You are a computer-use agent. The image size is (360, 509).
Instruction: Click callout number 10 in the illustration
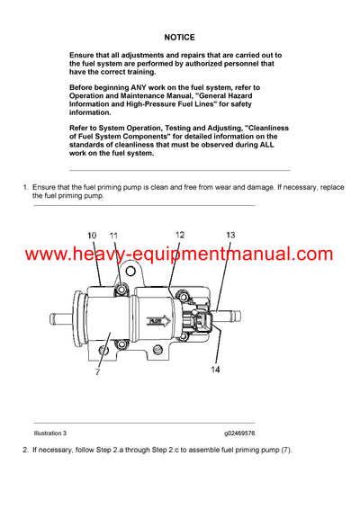click(93, 236)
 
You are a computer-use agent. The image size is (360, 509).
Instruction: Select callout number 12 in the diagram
click(180, 235)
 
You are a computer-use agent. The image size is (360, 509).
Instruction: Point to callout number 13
click(230, 235)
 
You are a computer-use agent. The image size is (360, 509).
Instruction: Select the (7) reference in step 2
click(284, 449)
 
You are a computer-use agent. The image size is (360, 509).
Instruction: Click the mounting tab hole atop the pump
click(119, 287)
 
